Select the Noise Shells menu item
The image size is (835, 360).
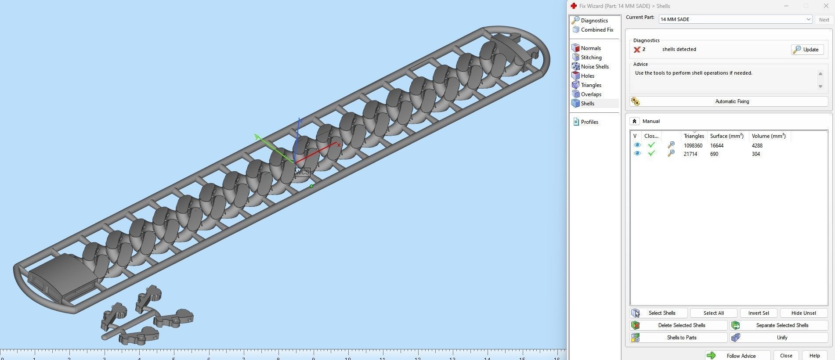(594, 67)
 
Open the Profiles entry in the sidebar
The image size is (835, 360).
(589, 122)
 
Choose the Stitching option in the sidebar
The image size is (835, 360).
(591, 58)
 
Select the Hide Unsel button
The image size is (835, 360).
(803, 313)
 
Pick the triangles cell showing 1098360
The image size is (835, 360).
(693, 146)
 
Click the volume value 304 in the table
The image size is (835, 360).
(755, 154)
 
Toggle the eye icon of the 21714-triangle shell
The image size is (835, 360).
(637, 154)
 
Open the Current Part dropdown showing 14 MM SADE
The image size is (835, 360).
(735, 19)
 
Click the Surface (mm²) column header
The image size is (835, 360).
(727, 136)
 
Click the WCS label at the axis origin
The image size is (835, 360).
(302, 172)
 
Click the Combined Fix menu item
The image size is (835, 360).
(596, 30)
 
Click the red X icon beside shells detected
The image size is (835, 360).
(637, 50)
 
